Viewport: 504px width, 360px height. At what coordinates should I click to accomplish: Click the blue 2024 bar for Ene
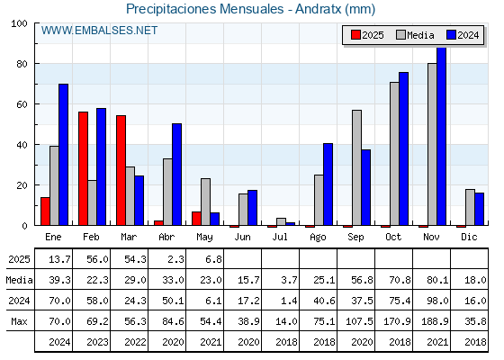coord(63,155)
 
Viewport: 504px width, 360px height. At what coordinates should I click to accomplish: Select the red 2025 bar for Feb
coord(83,168)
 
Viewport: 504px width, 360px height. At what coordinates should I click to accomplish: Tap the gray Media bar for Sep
coord(356,167)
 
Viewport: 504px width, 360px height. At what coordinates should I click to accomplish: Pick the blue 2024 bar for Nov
coord(442,136)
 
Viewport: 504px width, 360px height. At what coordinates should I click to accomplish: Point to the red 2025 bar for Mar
coord(121,170)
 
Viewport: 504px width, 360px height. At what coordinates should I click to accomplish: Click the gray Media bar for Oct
coord(395,154)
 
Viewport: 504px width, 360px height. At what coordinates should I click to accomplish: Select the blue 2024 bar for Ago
coord(328,184)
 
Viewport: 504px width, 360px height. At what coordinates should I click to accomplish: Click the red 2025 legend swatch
coord(355,35)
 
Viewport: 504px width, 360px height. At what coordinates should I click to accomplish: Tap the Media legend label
coord(420,35)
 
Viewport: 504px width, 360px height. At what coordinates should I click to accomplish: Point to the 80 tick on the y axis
coord(36,64)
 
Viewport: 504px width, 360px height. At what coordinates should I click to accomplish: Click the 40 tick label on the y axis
coord(22,145)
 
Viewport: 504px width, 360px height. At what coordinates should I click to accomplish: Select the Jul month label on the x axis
coord(280,237)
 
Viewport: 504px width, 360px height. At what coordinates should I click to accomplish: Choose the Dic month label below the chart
coord(469,237)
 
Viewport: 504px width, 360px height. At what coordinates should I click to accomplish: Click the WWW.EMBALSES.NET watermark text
coord(99,31)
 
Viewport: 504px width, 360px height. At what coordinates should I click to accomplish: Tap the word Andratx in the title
coord(319,9)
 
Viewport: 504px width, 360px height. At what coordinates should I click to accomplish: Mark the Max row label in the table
coord(19,321)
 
